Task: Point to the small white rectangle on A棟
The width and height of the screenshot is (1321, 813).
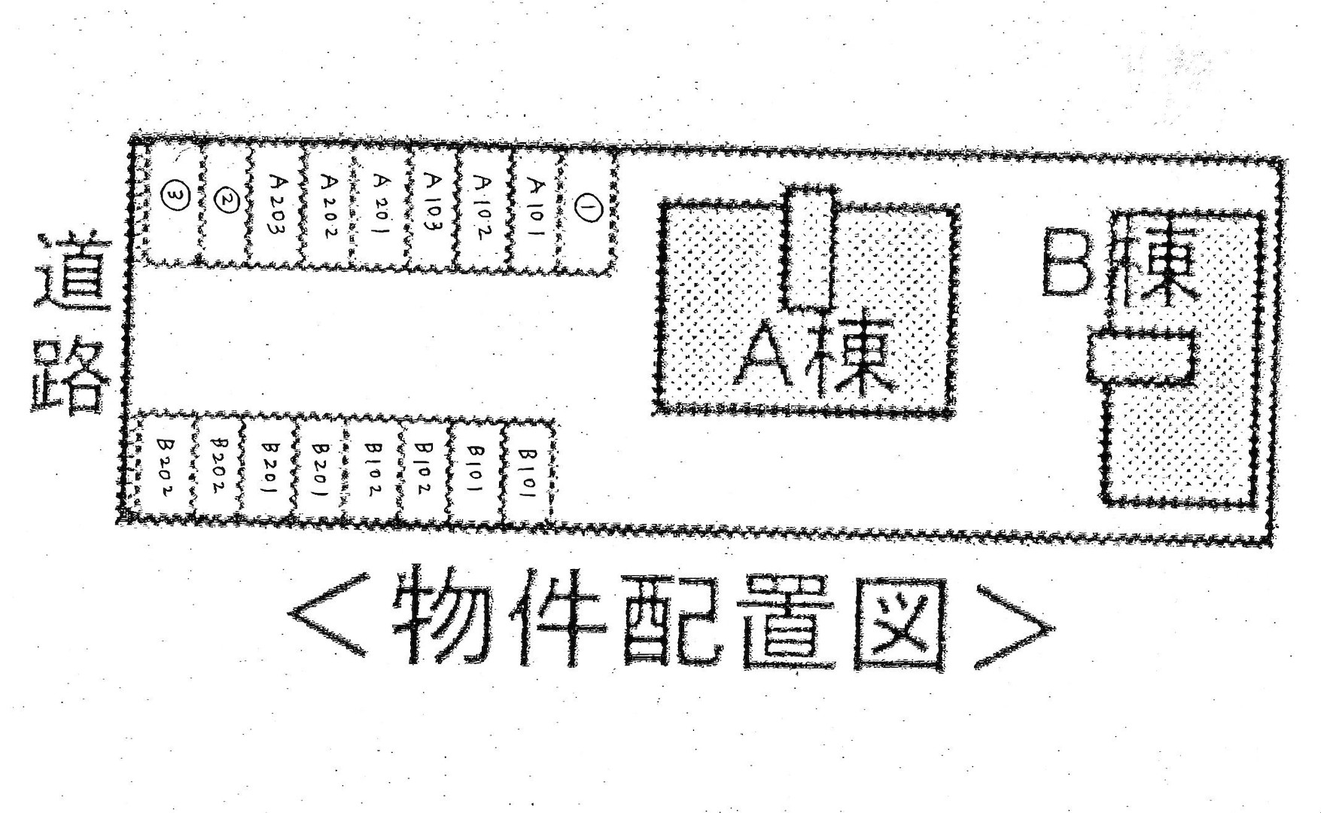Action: (811, 248)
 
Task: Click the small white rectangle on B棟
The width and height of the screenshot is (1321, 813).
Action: (1143, 357)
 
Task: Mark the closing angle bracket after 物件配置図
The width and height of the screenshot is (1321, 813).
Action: (1013, 625)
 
